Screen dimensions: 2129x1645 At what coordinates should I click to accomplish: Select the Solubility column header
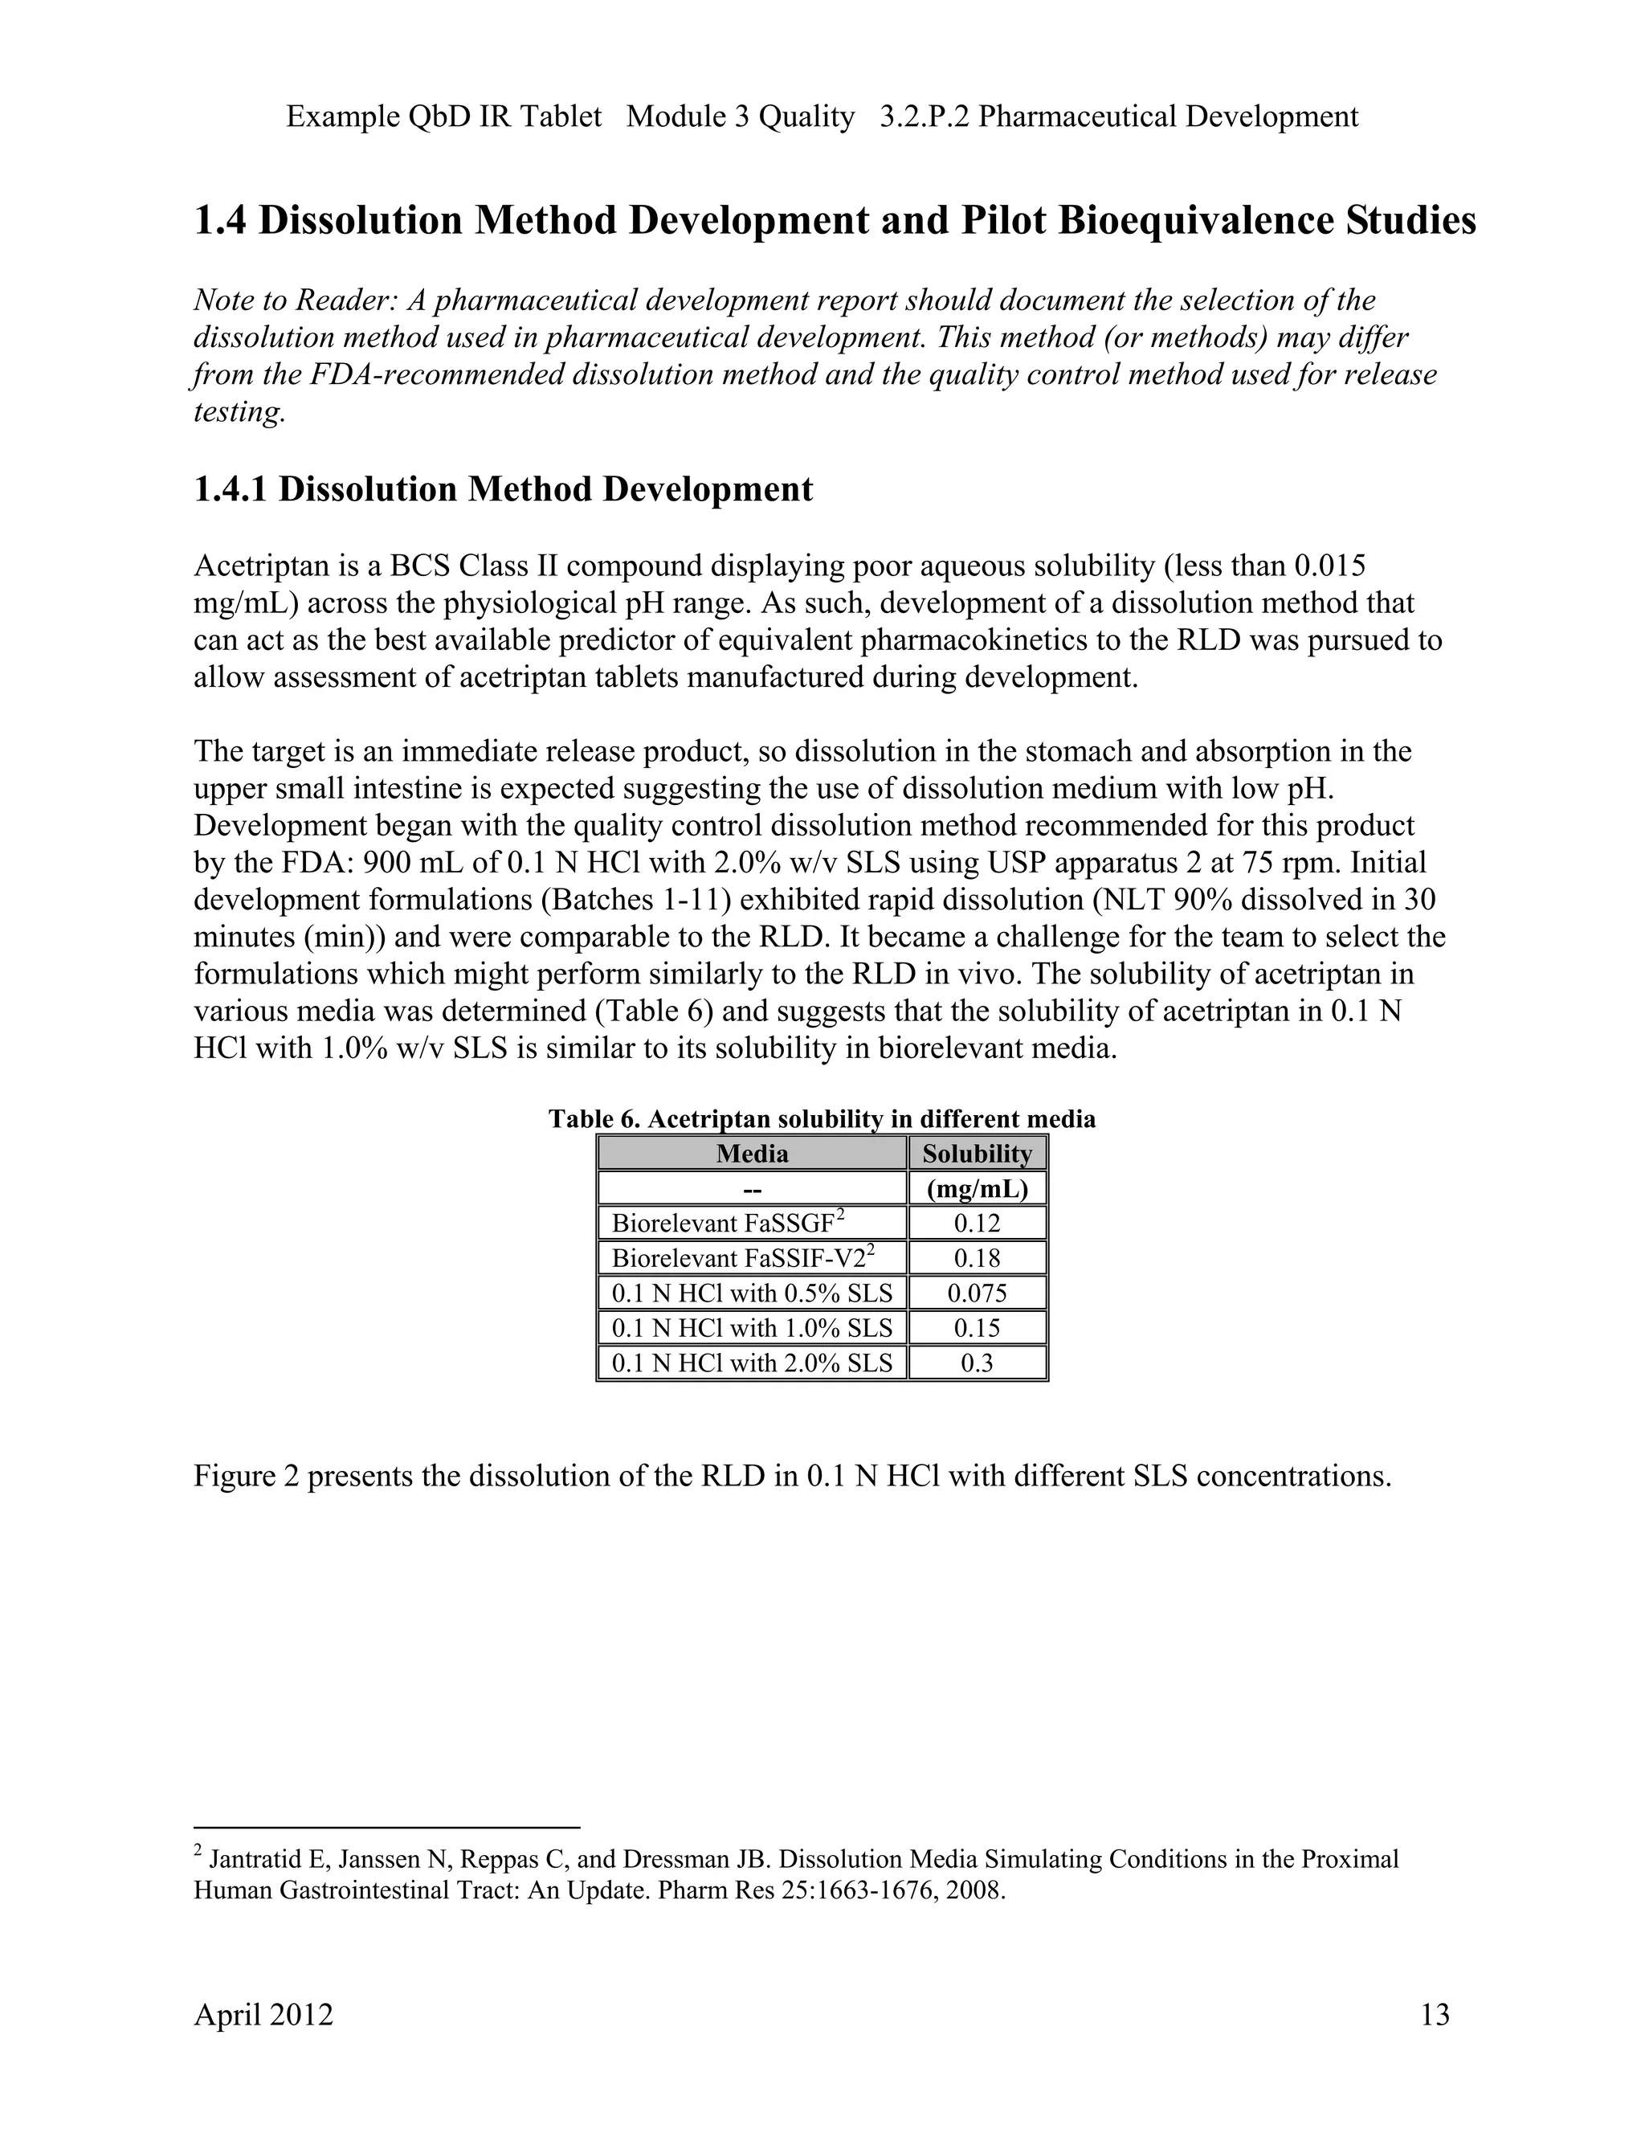coord(977,1154)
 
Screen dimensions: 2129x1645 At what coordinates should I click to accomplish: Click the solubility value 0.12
coord(977,1224)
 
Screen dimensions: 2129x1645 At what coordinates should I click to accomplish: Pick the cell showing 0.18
coord(977,1258)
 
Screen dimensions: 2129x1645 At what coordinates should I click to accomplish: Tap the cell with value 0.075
coord(977,1293)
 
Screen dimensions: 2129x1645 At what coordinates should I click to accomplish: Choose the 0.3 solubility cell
coord(977,1363)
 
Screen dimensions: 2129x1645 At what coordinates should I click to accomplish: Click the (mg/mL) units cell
coord(977,1189)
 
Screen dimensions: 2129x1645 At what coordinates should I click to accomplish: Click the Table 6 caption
coord(822,1119)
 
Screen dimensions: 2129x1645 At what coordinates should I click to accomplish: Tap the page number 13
coord(1435,2014)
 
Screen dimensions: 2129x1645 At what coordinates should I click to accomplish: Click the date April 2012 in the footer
coord(263,2014)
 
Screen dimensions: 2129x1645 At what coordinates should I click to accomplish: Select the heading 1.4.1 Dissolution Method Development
coord(503,489)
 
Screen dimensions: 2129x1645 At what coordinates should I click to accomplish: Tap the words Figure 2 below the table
coord(246,1476)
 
